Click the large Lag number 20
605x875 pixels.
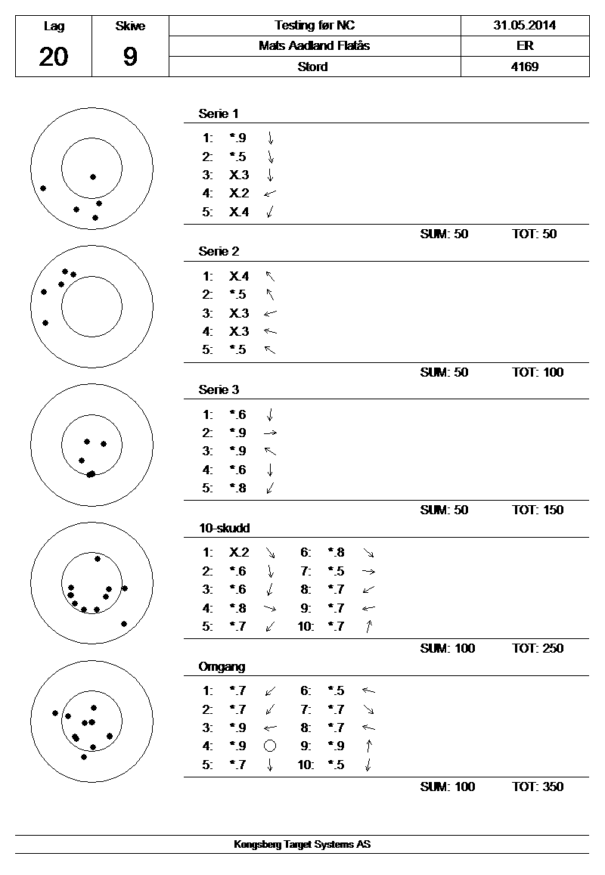[x=53, y=57]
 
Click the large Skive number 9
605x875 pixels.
[x=130, y=57]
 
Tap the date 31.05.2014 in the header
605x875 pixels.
[x=524, y=25]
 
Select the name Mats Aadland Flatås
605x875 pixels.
[x=314, y=45]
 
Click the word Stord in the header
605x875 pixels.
[x=313, y=67]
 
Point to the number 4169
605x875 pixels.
[x=524, y=67]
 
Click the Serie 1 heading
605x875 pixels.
[x=219, y=113]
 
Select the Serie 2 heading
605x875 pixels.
[x=219, y=251]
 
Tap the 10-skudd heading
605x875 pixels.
[x=224, y=528]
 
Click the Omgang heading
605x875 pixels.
[x=222, y=666]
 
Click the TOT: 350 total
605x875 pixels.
[x=538, y=787]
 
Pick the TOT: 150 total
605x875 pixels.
[x=538, y=510]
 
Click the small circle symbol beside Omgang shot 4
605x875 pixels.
[x=269, y=746]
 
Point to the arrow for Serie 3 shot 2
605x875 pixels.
[x=270, y=433]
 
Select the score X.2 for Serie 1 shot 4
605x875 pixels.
[x=239, y=194]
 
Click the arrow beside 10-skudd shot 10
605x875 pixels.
[x=368, y=626]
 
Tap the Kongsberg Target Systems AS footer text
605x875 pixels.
[x=302, y=845]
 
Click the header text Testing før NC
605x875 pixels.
[x=314, y=25]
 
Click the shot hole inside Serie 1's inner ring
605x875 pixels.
[x=93, y=177]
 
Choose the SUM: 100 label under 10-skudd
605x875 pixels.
[x=447, y=648]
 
